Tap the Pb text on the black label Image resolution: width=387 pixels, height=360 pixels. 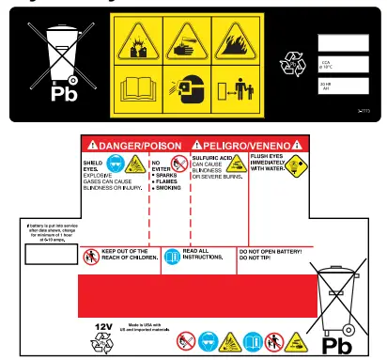tap(65, 95)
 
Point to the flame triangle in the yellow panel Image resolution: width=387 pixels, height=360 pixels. tap(240, 40)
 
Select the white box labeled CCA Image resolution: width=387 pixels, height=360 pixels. tap(343, 65)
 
